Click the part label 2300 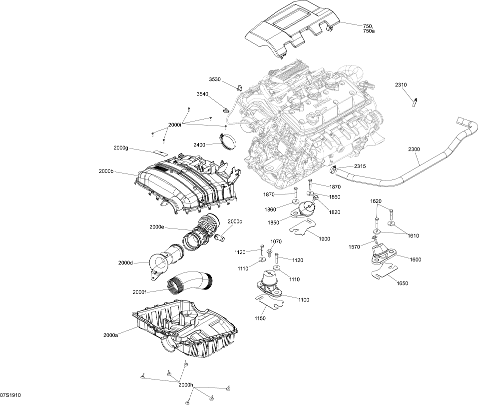click(414, 149)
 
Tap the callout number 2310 click(401, 85)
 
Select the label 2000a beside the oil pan click(111, 335)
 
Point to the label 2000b click(106, 171)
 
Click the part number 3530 click(215, 79)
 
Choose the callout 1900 click(324, 238)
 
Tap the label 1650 click(402, 283)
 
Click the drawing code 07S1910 click(10, 395)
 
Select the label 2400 click(199, 144)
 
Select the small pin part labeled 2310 click(415, 103)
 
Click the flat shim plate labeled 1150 click(270, 303)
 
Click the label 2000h click(186, 385)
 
